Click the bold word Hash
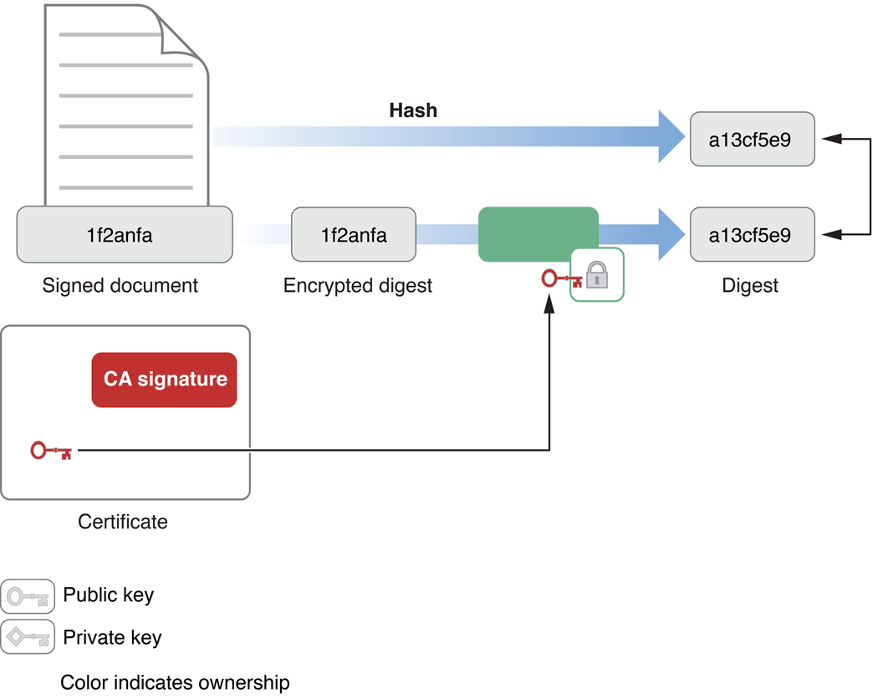coord(413,110)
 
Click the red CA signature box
coord(165,380)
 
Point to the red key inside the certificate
coord(51,452)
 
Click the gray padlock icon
coord(597,274)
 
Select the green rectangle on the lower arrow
coord(538,235)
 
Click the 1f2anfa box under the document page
coord(125,235)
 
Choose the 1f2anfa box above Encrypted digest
coord(353,235)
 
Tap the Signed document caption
coord(120,286)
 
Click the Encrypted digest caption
coord(357,286)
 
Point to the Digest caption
coord(749,286)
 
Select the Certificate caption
coord(122,523)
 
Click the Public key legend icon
coord(28,597)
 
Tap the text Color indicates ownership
coord(175,682)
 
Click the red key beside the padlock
coord(559,278)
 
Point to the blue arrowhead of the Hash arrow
coord(671,135)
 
